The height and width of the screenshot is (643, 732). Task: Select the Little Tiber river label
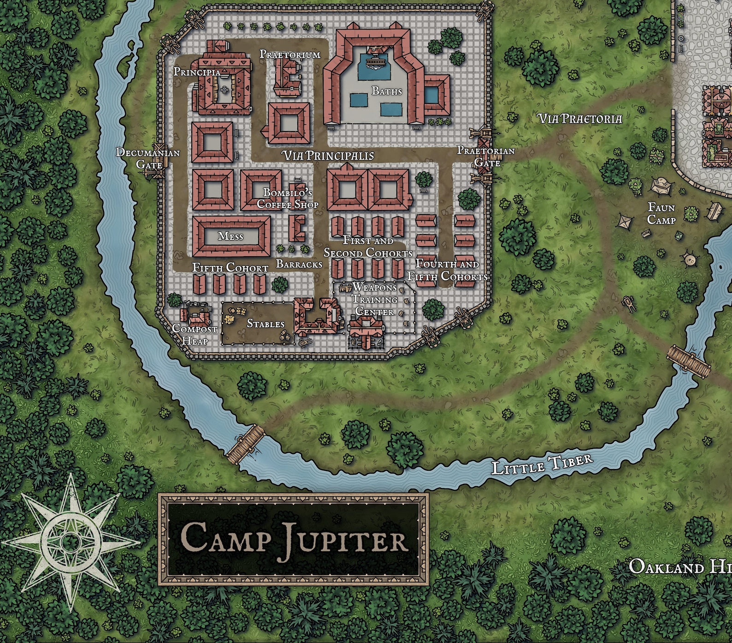[x=542, y=463]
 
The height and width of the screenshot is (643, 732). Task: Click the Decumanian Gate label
[x=148, y=158]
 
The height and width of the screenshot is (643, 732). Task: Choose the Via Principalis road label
[x=328, y=156]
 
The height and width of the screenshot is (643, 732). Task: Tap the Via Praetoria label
[x=580, y=119]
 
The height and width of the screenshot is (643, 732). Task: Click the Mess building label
[x=230, y=236]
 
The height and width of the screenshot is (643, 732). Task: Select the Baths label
[x=387, y=91]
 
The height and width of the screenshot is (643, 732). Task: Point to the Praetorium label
[x=289, y=54]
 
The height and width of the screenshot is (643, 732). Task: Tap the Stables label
[x=266, y=324]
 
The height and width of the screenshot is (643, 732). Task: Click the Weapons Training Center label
[x=375, y=300]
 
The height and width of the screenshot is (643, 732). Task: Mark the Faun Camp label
[x=661, y=214]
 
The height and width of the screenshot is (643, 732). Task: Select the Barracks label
[x=299, y=264]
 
